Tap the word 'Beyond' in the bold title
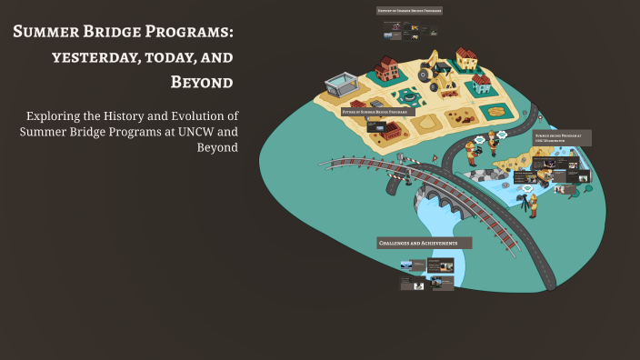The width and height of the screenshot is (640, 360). (x=202, y=83)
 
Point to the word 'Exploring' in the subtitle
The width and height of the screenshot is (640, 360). (x=60, y=116)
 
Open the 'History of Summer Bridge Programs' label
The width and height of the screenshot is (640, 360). (x=409, y=11)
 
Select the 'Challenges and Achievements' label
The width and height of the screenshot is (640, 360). (x=425, y=244)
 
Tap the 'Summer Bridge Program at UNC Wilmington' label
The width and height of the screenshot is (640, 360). (x=562, y=137)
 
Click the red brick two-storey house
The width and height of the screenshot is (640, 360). (x=387, y=68)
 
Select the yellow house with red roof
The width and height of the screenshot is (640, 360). (x=466, y=59)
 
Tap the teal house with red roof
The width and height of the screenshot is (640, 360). (x=482, y=85)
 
